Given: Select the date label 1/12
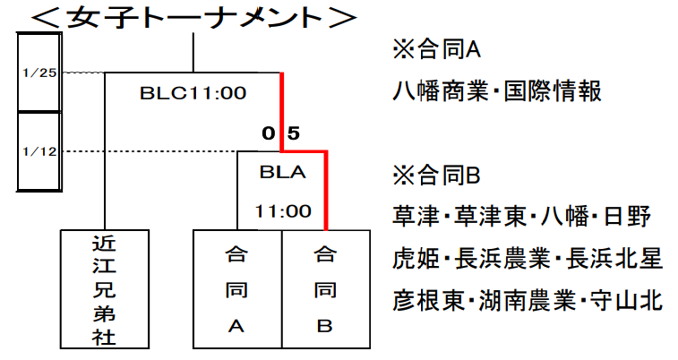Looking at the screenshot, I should click(x=39, y=151).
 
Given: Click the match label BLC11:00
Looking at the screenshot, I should click(x=193, y=92).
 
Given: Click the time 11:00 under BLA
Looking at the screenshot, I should click(x=280, y=212).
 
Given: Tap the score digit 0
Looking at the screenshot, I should click(x=268, y=134).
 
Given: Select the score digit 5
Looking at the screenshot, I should click(x=294, y=134).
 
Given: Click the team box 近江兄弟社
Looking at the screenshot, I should click(x=105, y=290).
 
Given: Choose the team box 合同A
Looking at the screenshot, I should click(x=237, y=290).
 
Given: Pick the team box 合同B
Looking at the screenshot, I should click(x=325, y=290).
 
